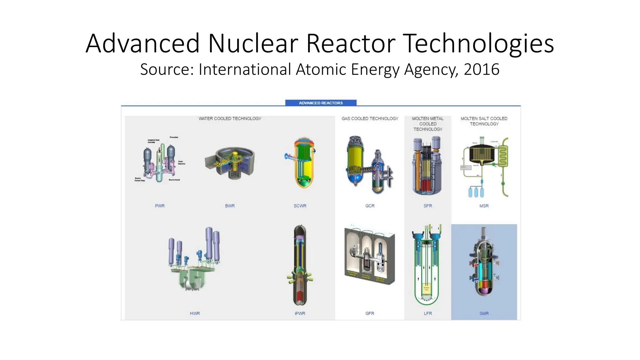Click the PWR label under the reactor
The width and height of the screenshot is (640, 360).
(160, 206)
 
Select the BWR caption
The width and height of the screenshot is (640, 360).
(230, 206)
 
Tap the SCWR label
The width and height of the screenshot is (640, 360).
(300, 206)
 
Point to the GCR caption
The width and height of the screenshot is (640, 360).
(370, 206)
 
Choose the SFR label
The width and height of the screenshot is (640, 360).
(427, 206)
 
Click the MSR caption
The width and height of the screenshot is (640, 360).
(484, 206)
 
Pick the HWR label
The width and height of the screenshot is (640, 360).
(195, 313)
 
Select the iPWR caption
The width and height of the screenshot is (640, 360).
(300, 313)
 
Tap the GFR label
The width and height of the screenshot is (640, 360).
(370, 313)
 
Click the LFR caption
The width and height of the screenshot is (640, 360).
(427, 313)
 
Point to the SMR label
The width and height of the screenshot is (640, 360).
(484, 313)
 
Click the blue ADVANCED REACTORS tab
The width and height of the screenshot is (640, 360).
(321, 103)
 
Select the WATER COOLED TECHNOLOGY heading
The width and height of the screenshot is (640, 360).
(230, 118)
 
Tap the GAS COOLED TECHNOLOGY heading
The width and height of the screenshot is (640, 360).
(370, 118)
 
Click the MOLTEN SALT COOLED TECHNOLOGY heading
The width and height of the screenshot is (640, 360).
(484, 121)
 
